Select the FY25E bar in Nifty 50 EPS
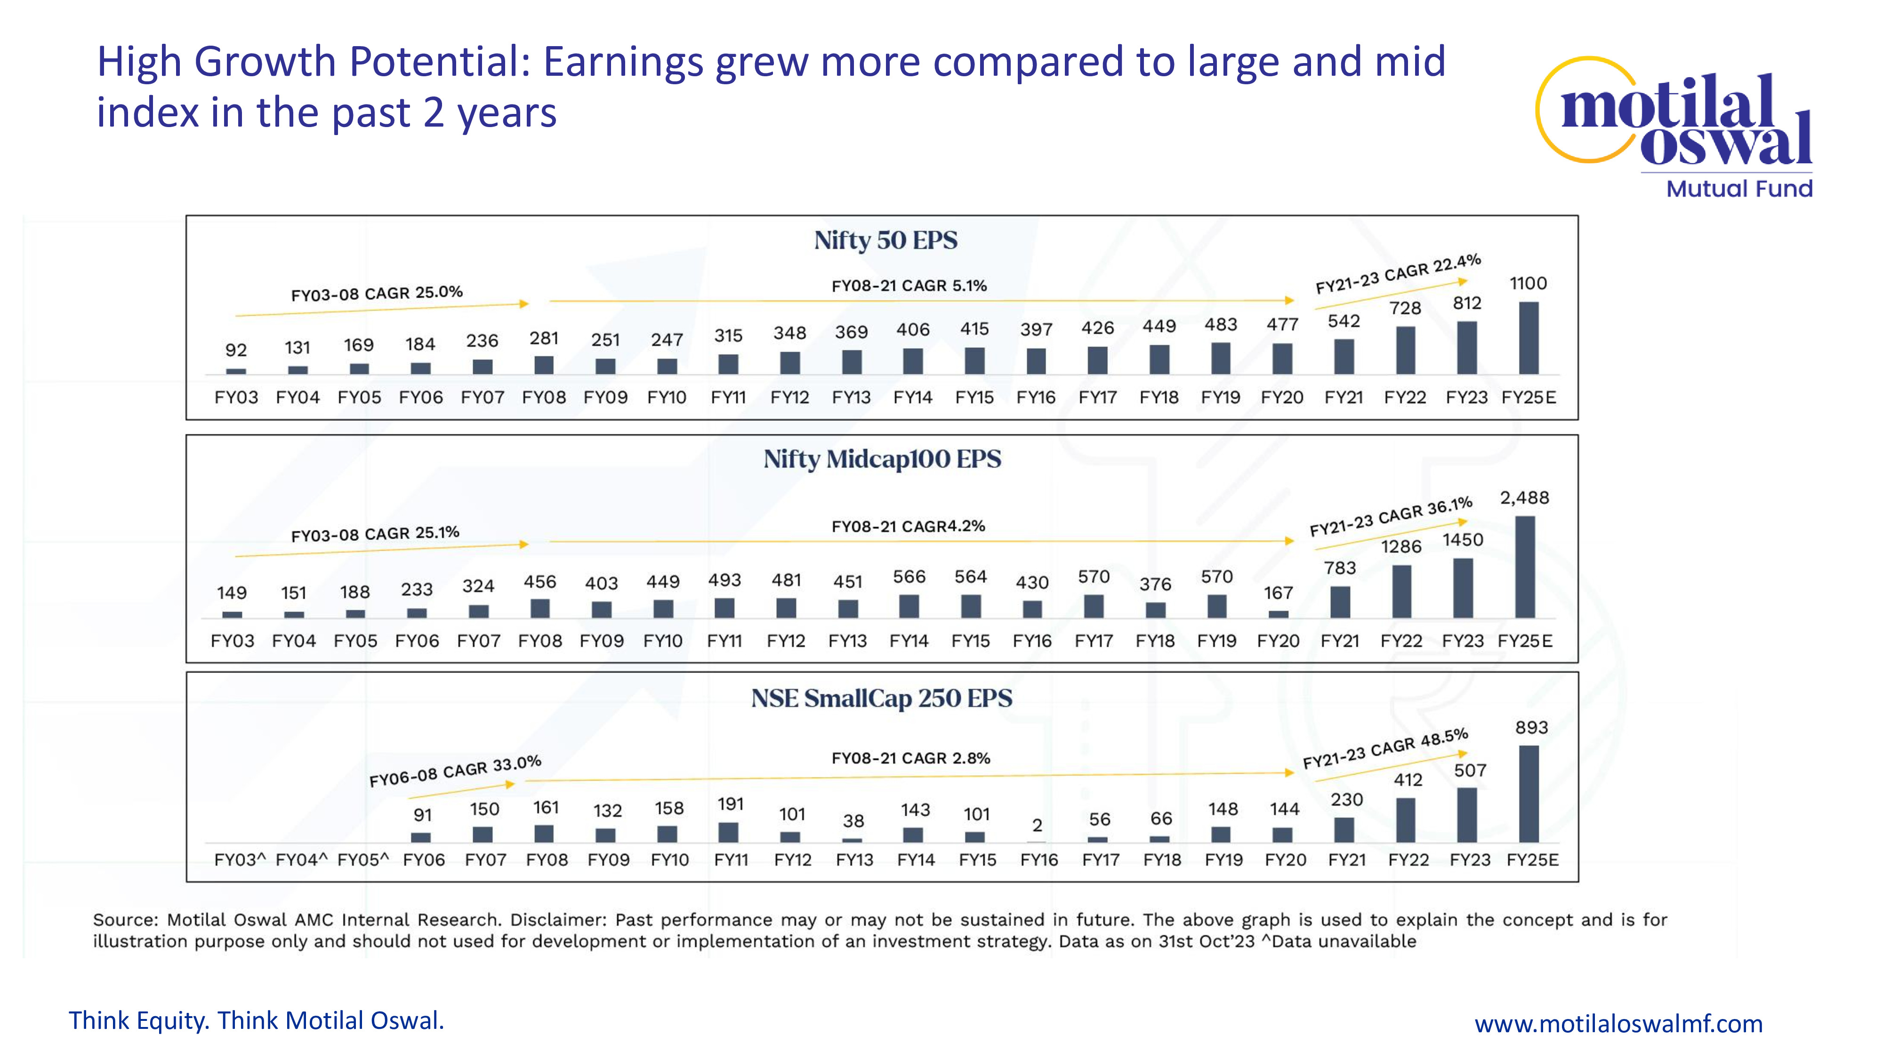click(1529, 338)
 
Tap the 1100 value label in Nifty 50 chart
click(1529, 283)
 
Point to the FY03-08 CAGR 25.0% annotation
click(377, 293)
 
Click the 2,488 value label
click(1524, 498)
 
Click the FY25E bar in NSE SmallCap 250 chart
click(1529, 794)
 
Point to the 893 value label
click(1531, 728)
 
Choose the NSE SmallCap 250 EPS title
click(882, 698)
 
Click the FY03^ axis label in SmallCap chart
click(240, 860)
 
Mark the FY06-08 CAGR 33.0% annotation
click(455, 771)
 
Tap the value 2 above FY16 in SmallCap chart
click(1037, 826)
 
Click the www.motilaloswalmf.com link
click(1618, 1024)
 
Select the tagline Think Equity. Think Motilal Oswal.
click(256, 1020)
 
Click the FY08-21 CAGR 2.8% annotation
click(911, 759)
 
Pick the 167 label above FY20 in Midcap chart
click(1279, 594)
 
